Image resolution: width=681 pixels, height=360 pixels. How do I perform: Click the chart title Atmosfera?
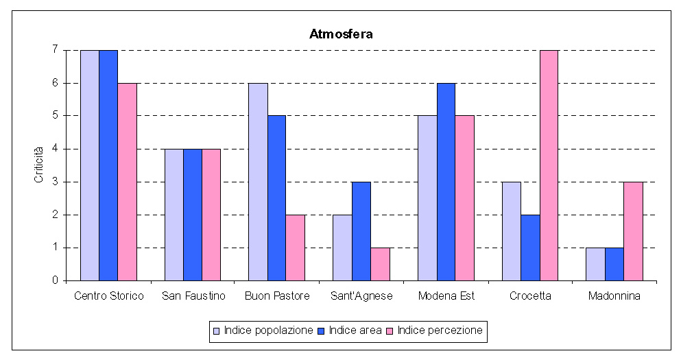click(341, 34)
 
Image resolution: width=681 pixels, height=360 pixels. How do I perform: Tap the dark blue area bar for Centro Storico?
click(108, 165)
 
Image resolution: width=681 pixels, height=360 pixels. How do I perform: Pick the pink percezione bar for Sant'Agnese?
click(380, 264)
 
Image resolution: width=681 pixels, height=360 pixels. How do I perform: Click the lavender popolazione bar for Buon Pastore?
click(258, 182)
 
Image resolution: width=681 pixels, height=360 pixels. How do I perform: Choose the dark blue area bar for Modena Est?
click(446, 182)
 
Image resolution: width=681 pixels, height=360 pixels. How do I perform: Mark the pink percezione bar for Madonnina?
click(633, 231)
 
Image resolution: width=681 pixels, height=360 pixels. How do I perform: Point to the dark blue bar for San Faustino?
click(193, 215)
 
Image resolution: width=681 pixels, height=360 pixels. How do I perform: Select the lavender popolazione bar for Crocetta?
click(512, 231)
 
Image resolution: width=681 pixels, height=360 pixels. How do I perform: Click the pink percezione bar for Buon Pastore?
click(296, 248)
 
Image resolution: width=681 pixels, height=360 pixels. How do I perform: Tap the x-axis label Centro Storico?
click(109, 296)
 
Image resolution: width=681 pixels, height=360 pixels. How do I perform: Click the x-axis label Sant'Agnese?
click(361, 296)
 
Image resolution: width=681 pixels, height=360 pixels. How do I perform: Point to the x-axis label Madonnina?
click(614, 296)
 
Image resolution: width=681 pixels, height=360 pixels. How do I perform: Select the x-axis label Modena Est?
click(446, 296)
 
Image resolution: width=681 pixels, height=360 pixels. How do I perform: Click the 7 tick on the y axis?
click(54, 50)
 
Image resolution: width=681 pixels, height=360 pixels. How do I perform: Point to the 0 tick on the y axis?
click(54, 280)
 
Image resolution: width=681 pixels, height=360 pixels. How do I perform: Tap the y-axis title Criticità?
click(39, 165)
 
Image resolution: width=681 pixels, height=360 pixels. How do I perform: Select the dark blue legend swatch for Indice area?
click(322, 331)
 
